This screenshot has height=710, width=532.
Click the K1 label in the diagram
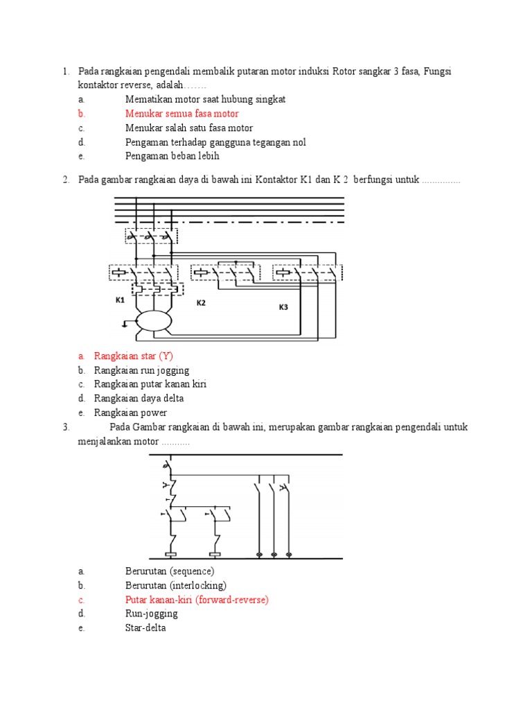coord(119,300)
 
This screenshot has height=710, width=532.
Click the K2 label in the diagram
coord(201,303)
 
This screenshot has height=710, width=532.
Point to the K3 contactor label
coord(283,307)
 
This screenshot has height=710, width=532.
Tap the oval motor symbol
coord(153,321)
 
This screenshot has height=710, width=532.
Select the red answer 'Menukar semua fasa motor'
coord(181,113)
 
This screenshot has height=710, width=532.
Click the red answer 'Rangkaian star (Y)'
coord(133,356)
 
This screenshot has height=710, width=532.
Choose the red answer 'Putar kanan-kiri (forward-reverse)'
coord(197,599)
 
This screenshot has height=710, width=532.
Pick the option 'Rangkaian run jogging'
coord(141,370)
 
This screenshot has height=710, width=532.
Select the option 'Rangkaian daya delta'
coord(139,398)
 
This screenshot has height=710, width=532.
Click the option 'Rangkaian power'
coord(130,413)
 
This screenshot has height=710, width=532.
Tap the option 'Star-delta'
coord(145,628)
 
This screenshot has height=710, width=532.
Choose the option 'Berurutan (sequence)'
coord(170,571)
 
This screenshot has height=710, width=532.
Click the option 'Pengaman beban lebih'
coord(172,156)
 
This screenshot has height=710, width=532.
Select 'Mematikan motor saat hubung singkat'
coord(205,99)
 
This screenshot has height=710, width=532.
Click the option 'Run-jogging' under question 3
coord(151,614)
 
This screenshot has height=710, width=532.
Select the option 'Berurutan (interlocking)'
coord(175,585)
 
